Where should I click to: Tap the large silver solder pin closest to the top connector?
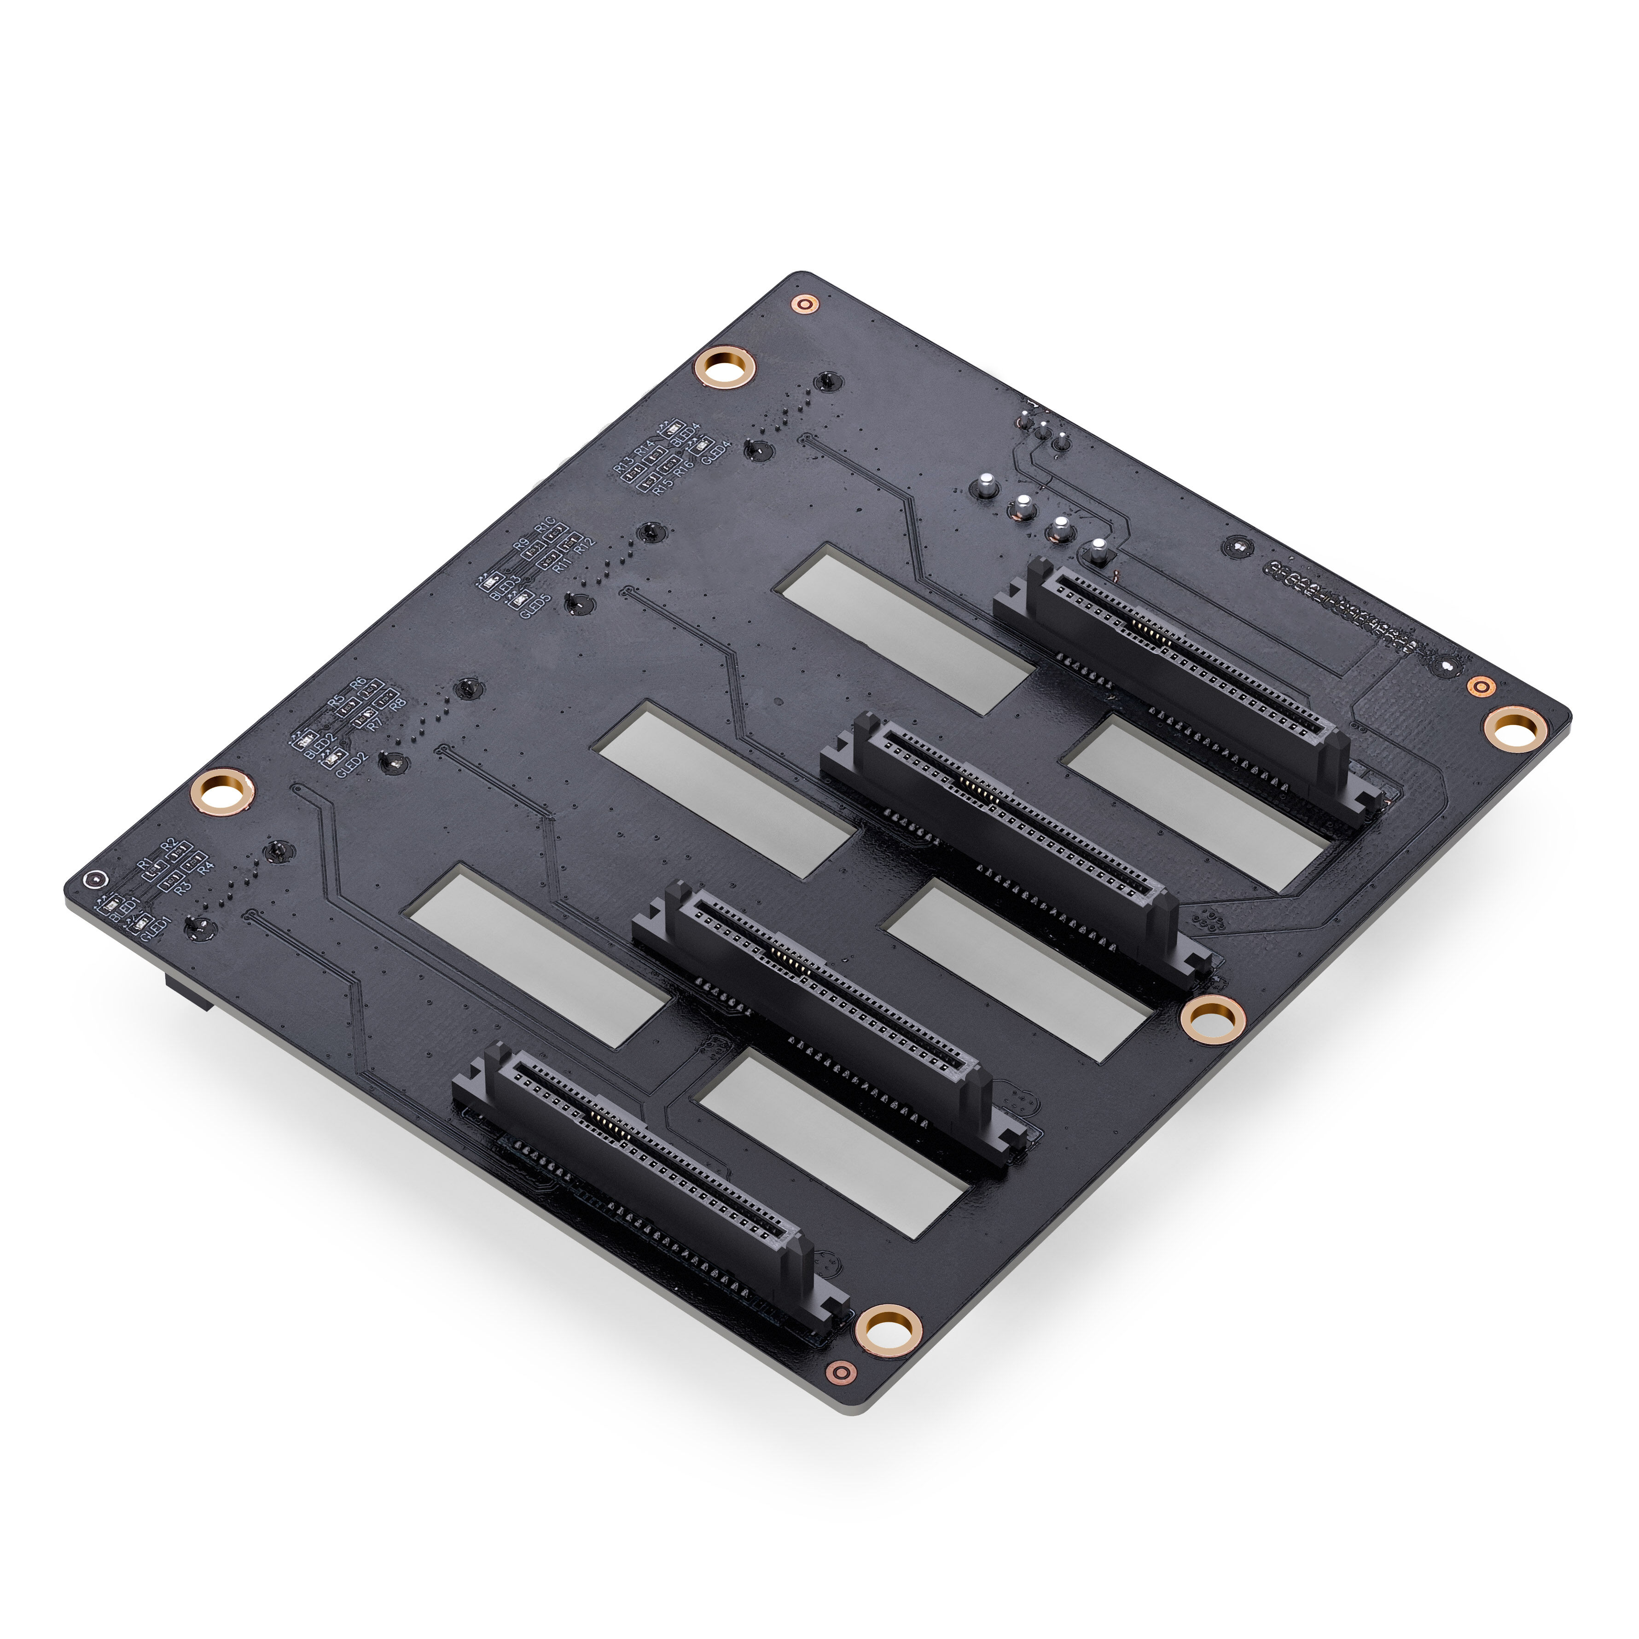pos(1098,552)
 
